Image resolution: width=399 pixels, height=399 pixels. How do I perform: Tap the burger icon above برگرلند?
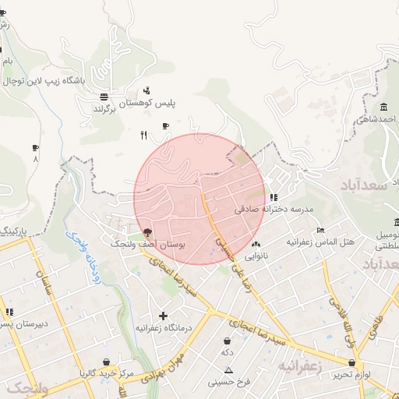104,97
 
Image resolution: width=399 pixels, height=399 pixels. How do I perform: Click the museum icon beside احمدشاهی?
383,108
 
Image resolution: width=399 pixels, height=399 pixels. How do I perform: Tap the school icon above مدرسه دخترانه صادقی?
273,198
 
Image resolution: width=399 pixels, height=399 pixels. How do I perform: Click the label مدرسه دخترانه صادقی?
273,210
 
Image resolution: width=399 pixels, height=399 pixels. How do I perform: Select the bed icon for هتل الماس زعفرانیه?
320,231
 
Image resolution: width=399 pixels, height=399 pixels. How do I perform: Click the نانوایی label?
256,256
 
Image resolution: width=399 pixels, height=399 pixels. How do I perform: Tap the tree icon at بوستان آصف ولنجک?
147,232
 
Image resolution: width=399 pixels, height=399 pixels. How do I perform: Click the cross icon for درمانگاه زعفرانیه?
163,316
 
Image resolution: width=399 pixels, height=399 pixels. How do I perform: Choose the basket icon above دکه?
227,341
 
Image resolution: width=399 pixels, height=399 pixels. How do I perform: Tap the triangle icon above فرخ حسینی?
228,369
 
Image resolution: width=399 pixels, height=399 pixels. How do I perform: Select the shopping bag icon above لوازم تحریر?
352,362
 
